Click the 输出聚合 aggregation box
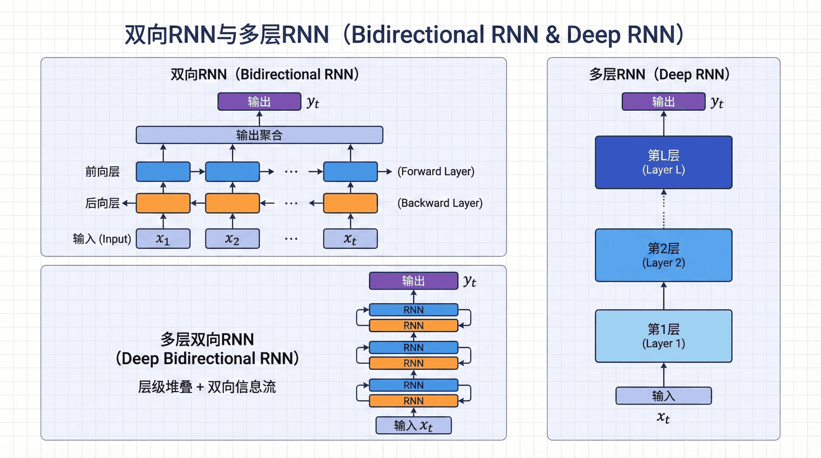pos(259,135)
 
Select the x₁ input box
pos(163,239)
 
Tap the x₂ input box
pos(232,239)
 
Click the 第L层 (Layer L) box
pos(663,162)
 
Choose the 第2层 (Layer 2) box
pos(663,255)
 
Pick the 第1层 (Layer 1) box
pos(663,336)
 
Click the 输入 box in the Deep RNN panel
pos(663,396)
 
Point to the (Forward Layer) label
pos(436,172)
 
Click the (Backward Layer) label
pos(440,203)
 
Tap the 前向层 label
pos(102,172)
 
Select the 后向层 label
pos(102,203)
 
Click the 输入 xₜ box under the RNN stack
pos(413,426)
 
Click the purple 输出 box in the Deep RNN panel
pos(663,102)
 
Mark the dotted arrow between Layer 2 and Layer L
pos(664,209)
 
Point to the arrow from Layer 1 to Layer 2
pos(664,296)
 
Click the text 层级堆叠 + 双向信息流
pos(207,387)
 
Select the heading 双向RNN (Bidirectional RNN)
pos(264,74)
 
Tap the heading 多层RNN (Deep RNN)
pos(659,74)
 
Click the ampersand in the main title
pos(552,35)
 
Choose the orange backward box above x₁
pos(163,203)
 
